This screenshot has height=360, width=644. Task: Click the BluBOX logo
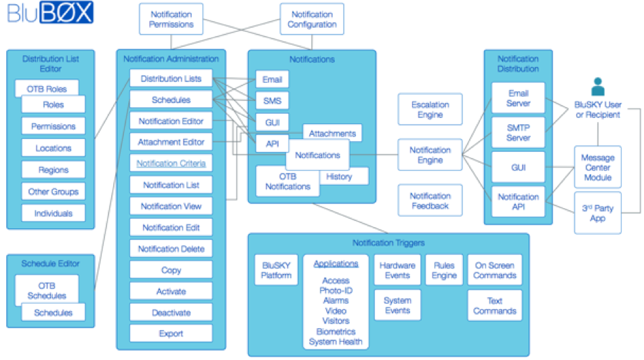pos(51,14)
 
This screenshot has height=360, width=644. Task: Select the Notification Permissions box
pos(171,19)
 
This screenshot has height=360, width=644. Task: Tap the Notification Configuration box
pos(312,19)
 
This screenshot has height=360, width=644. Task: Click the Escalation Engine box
pos(430,110)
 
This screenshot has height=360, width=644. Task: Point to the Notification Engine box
pos(430,155)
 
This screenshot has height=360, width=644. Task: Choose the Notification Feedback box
pos(430,201)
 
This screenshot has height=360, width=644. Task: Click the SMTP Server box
pos(519,133)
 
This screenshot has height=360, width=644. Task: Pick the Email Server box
pos(519,98)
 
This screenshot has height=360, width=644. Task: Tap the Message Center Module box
pos(598,167)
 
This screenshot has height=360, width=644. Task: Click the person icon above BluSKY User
pos(597,87)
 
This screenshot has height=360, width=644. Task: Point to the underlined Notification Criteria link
pos(171,163)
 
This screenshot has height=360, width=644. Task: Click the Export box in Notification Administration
pos(171,334)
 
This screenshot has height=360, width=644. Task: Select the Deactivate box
pos(171,313)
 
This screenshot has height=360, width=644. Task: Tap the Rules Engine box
pos(444,271)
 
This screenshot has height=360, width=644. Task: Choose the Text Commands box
pos(494,306)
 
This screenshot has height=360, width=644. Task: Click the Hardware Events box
pos(397,271)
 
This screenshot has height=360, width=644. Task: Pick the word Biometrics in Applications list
pos(336,332)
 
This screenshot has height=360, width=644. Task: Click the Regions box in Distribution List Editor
pos(53,169)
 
